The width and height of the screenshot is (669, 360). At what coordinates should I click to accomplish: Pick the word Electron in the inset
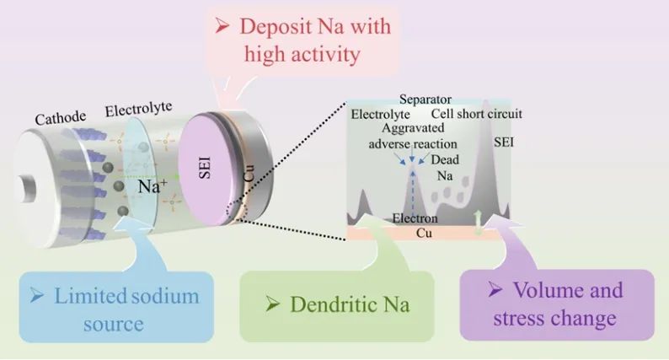point(414,218)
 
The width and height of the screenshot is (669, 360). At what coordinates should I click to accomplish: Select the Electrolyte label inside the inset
point(381,114)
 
